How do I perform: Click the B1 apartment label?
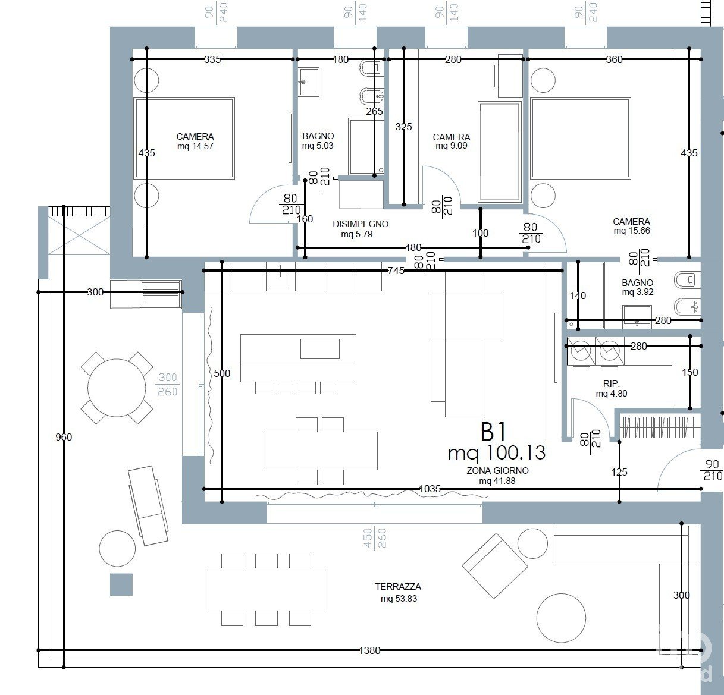click(493, 432)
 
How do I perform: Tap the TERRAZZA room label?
click(398, 586)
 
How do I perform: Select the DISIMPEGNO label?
click(361, 224)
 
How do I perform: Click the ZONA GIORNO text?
click(498, 470)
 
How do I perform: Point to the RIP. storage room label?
click(612, 383)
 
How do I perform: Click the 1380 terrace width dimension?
click(369, 650)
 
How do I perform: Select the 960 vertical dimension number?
click(64, 437)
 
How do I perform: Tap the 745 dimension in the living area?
click(396, 271)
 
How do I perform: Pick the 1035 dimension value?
click(430, 489)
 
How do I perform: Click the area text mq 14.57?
click(195, 146)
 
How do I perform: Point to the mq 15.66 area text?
click(632, 231)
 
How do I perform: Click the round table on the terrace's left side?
click(117, 388)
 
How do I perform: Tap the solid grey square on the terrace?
click(121, 584)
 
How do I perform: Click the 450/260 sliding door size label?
click(375, 537)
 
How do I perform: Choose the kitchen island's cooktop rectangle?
click(320, 349)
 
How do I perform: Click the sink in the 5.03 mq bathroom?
click(309, 82)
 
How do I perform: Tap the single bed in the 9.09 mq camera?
click(500, 152)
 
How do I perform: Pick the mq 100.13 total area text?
click(497, 453)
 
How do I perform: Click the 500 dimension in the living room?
click(222, 373)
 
